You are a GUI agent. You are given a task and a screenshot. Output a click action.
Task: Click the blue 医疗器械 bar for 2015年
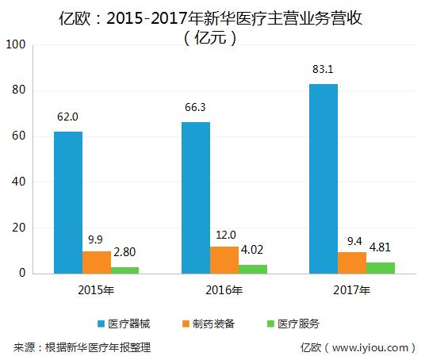point(67,202)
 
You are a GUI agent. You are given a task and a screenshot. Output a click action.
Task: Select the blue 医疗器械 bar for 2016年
point(195,197)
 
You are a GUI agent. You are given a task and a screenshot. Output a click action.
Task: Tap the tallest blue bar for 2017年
point(323,178)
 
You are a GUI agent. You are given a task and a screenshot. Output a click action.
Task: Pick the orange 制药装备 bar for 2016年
point(224,260)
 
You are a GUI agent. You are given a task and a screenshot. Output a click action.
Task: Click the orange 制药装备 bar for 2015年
point(96,262)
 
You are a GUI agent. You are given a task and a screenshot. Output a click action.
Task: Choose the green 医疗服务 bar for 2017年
point(380,268)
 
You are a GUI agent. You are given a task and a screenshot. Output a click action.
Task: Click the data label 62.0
point(67,117)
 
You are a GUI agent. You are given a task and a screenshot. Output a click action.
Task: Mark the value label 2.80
point(125,253)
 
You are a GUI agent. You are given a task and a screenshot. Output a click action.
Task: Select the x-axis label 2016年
point(224,290)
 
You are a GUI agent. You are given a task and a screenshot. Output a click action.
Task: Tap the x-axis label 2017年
point(351,290)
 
